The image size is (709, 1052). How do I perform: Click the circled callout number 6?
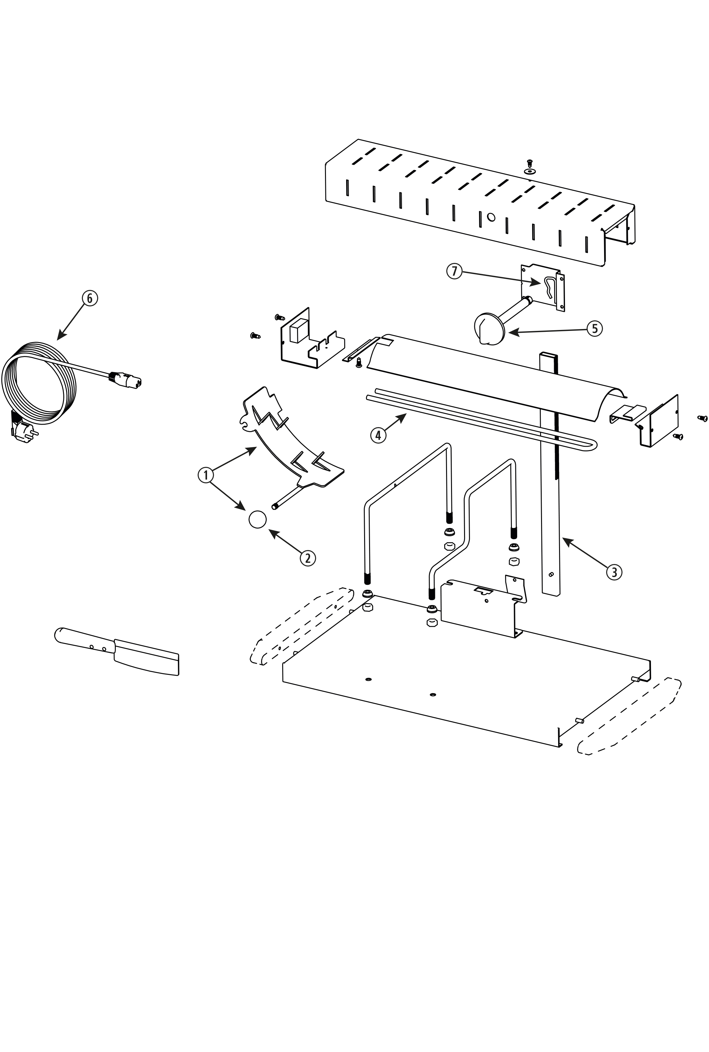pyautogui.click(x=89, y=298)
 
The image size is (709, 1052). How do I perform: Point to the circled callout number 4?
pyautogui.click(x=378, y=435)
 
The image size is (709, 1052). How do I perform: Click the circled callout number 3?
pyautogui.click(x=614, y=572)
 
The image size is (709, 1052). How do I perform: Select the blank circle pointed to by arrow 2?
pyautogui.click(x=258, y=519)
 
